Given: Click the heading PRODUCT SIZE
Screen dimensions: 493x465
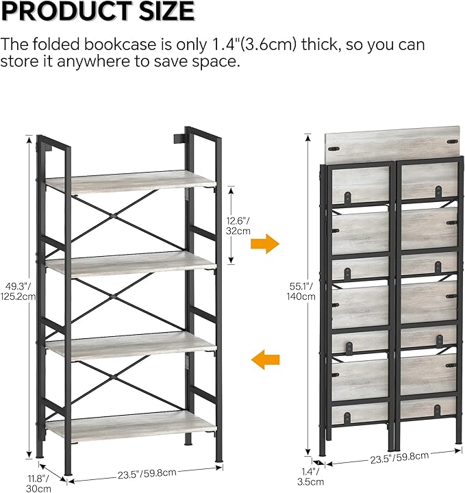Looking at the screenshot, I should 98,12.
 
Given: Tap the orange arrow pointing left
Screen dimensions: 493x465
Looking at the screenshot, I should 265,357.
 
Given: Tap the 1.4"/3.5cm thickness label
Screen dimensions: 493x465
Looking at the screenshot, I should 309,476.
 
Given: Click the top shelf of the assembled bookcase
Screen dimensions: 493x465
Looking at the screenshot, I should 130,180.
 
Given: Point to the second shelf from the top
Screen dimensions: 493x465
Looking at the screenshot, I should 130,262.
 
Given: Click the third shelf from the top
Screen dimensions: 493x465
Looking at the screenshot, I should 130,344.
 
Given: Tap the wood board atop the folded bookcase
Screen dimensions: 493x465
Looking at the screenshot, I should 392,144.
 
